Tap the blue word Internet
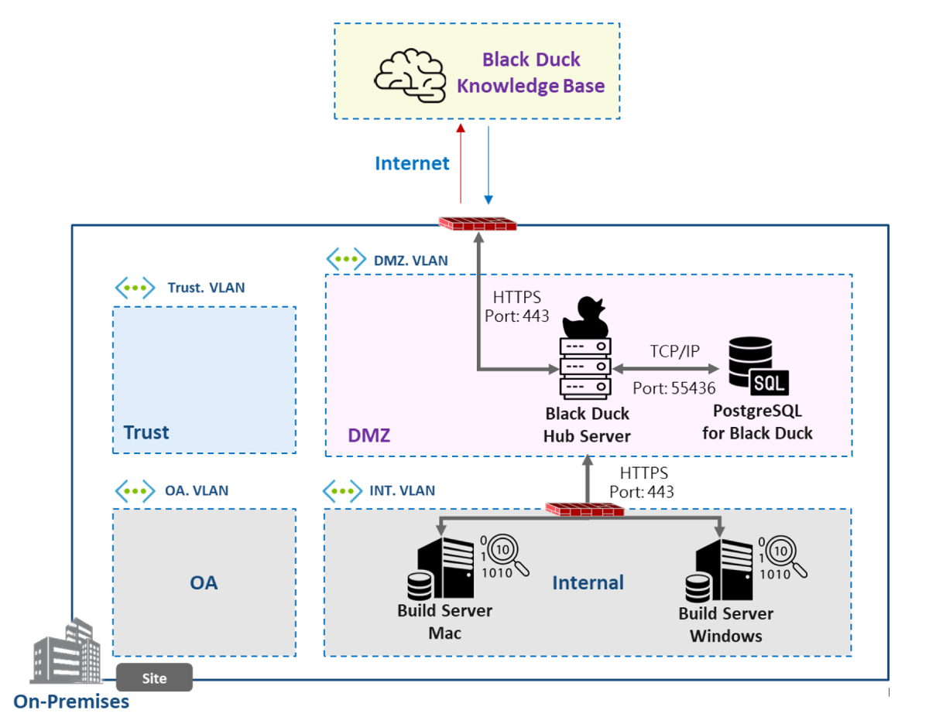point(412,164)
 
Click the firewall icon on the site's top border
point(478,224)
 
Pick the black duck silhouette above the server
point(584,316)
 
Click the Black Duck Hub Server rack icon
point(584,367)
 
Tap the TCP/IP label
point(674,351)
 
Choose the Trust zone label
point(146,432)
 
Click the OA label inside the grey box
point(204,582)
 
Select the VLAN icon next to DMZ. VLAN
point(345,260)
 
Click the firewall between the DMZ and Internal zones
point(585,509)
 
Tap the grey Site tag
point(154,678)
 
